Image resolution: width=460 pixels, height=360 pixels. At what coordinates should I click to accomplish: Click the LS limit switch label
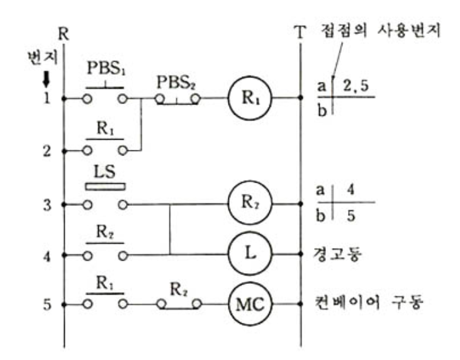[104, 172]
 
